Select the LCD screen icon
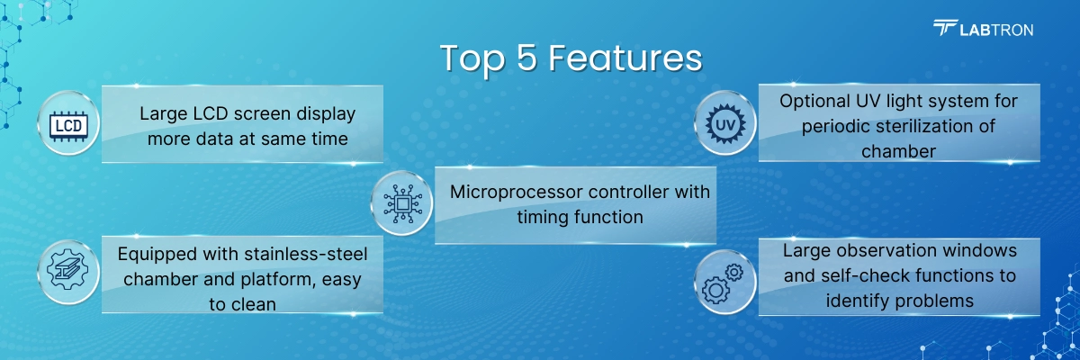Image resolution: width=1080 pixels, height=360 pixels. pos(69,124)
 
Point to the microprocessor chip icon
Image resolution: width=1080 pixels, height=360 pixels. pos(400,203)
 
